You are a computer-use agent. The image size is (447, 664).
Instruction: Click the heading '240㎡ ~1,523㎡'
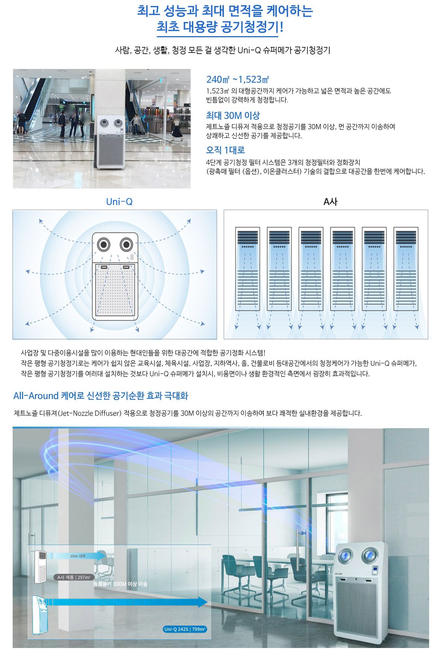tap(238, 79)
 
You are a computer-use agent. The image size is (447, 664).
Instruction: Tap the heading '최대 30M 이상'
tap(233, 116)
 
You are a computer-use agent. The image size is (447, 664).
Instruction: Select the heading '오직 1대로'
tap(225, 150)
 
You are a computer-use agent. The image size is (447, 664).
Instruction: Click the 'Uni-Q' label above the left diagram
tap(119, 202)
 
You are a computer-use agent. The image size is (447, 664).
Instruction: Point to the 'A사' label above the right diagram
tap(330, 202)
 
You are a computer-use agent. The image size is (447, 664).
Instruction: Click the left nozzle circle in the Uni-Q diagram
tap(104, 245)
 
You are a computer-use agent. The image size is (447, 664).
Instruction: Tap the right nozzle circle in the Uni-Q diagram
tap(127, 245)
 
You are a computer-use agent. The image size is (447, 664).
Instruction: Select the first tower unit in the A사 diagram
tap(248, 269)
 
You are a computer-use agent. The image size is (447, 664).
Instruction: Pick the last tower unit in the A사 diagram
tap(406, 269)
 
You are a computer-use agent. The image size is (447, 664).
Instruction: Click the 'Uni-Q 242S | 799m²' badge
tap(185, 629)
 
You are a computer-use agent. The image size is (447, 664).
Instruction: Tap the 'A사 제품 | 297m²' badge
tap(74, 577)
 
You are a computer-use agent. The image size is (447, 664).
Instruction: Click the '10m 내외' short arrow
tap(77, 556)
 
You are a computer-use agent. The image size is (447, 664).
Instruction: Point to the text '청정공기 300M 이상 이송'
tap(120, 584)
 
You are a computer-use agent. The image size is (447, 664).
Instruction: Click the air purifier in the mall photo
tap(111, 142)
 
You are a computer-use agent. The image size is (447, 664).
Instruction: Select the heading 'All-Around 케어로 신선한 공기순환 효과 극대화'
tap(101, 396)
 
